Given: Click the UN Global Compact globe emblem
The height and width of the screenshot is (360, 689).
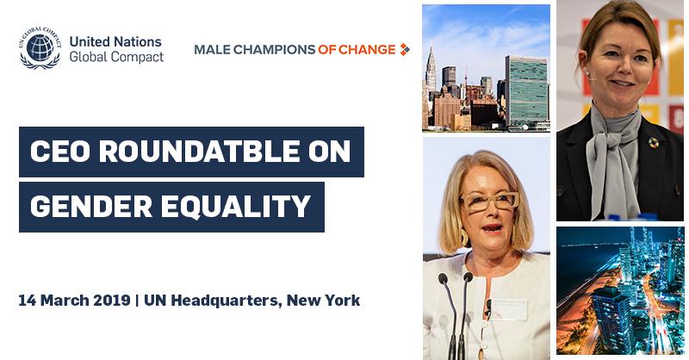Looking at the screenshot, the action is coord(40,47).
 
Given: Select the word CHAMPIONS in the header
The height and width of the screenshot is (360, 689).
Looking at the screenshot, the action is coord(273,50).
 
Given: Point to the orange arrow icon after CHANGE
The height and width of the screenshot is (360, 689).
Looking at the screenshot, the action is coord(404,50).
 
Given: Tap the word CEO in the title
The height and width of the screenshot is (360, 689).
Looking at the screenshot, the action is coord(59,152).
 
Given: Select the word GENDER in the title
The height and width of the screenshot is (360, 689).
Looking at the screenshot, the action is coord(90,207).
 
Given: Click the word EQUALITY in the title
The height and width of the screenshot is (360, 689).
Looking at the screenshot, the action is coord(236,207).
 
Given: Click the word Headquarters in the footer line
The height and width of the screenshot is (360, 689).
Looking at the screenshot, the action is coord(223,301).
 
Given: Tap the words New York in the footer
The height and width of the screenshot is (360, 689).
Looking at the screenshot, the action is coord(324,301).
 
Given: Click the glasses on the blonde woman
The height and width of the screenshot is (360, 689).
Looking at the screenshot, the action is coord(489,202).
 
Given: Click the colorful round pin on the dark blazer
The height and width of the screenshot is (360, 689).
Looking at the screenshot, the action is coord(654,143).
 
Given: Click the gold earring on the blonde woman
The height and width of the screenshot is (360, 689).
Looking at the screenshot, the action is coord(464,237).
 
